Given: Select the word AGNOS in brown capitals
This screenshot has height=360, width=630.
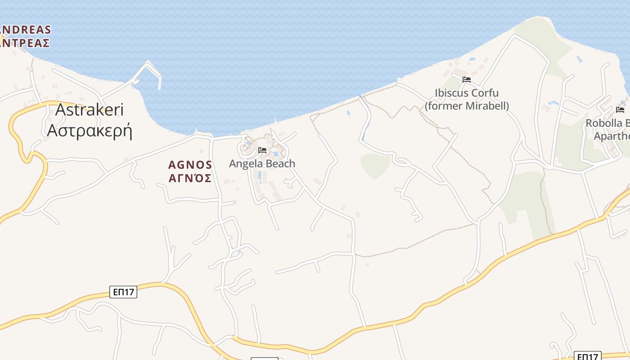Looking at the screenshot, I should pyautogui.click(x=190, y=165).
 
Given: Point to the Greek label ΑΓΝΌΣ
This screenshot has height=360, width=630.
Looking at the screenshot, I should pyautogui.click(x=190, y=178).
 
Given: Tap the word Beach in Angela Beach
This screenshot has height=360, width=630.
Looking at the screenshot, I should pyautogui.click(x=282, y=164).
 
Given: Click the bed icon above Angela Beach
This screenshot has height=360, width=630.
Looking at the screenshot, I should pyautogui.click(x=262, y=150).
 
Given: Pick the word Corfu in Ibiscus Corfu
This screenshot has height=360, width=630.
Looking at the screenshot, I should pyautogui.click(x=485, y=93).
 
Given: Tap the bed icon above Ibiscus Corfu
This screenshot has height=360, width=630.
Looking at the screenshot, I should pyautogui.click(x=467, y=80).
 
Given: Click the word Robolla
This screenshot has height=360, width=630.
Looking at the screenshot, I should pyautogui.click(x=604, y=123).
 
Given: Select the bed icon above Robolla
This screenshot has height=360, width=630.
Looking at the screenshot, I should pyautogui.click(x=620, y=110).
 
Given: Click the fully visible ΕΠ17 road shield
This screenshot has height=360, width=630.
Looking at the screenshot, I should pyautogui.click(x=123, y=292).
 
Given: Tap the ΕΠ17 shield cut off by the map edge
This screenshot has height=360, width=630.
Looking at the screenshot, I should pyautogui.click(x=588, y=356).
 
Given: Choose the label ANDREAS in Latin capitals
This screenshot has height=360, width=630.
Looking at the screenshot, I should pyautogui.click(x=26, y=30).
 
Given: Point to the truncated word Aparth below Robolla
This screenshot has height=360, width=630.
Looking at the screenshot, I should pyautogui.click(x=612, y=136).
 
